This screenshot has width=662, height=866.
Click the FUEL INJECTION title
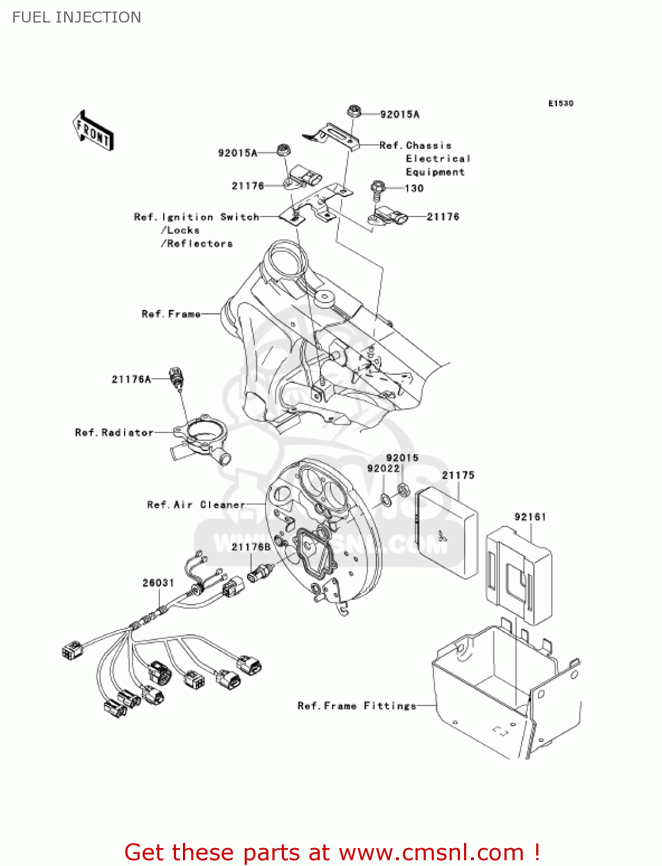click(x=77, y=17)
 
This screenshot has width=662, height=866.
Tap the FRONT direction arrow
click(x=93, y=131)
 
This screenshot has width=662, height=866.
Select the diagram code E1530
click(x=560, y=103)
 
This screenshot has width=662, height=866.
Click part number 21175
click(x=458, y=475)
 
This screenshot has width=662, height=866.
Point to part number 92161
click(x=530, y=517)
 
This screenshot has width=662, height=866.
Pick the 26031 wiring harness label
click(x=158, y=583)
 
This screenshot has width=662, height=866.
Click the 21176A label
click(x=131, y=379)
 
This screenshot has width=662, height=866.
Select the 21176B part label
click(x=250, y=547)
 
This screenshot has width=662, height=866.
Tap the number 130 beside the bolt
click(x=414, y=188)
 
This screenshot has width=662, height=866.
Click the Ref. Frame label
click(x=171, y=314)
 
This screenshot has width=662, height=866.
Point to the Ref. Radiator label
click(x=114, y=432)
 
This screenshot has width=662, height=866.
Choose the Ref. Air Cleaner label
click(x=196, y=505)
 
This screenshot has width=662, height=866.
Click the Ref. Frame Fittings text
click(x=357, y=706)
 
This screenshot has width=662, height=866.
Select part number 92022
click(x=383, y=468)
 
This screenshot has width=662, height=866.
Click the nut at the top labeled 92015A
click(x=354, y=111)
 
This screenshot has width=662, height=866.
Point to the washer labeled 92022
click(x=386, y=500)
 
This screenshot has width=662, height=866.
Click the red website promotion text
click(x=332, y=852)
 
